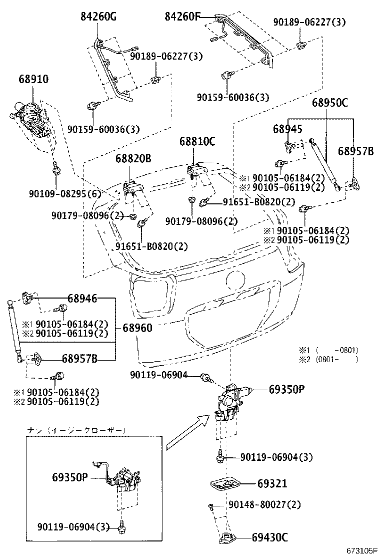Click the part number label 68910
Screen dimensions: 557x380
click(x=33, y=79)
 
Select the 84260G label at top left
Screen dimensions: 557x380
click(x=98, y=17)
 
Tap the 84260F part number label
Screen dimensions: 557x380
click(x=182, y=17)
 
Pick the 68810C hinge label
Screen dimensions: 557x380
click(x=197, y=142)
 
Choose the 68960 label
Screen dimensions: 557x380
click(x=137, y=328)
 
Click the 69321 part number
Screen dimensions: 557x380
click(x=272, y=484)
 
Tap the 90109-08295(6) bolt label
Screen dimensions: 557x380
click(x=68, y=193)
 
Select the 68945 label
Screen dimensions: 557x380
click(x=287, y=129)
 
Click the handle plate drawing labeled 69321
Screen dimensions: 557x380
click(x=225, y=484)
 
